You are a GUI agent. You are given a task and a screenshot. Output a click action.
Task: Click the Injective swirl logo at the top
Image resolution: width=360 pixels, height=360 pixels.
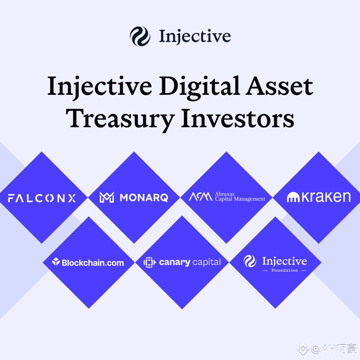[140, 37]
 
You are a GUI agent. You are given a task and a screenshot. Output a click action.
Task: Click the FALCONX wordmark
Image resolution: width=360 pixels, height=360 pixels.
[42, 198]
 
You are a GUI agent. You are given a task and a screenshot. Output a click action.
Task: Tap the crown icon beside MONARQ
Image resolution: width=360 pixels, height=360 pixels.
[107, 198]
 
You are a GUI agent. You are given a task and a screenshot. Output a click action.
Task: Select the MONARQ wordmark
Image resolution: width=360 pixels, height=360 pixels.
[143, 198]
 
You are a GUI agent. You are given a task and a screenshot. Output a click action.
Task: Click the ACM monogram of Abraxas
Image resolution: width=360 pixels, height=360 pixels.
[200, 197]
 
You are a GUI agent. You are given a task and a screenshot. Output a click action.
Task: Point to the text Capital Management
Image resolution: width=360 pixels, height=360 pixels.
[240, 199]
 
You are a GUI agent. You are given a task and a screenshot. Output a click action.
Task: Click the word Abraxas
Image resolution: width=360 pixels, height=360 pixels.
[225, 194]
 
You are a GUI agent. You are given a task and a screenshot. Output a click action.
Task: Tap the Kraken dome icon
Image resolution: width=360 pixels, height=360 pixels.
[294, 197]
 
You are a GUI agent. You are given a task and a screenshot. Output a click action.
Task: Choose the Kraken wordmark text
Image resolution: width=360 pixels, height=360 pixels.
[326, 197]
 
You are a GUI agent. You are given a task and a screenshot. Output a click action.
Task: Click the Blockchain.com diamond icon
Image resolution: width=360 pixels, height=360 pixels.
[56, 262]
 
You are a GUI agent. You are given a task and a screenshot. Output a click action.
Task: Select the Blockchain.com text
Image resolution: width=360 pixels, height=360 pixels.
[93, 263]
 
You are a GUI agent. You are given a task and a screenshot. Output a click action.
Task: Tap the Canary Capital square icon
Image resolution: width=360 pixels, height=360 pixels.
[149, 262]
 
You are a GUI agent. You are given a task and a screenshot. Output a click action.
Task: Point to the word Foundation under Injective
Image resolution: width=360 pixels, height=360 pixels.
[284, 270]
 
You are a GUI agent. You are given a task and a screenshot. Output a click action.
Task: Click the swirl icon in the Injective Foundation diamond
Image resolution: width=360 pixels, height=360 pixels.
[250, 261]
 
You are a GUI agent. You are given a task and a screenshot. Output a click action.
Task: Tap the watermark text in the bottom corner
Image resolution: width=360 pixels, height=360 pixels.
[333, 349]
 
